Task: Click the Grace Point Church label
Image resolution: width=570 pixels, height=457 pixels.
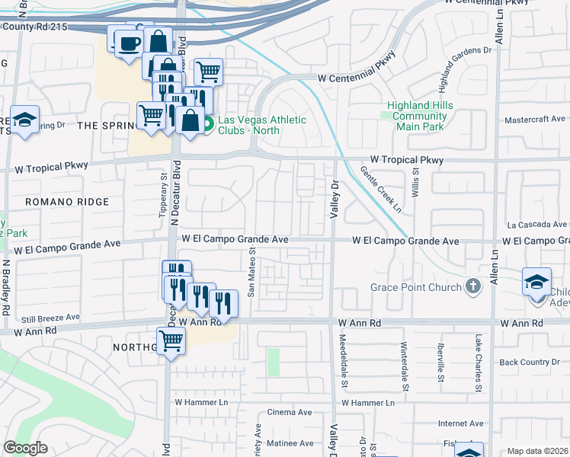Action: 416,287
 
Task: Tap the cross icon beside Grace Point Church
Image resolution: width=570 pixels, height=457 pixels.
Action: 473,287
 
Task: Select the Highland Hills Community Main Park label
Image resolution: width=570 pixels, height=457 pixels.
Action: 420,116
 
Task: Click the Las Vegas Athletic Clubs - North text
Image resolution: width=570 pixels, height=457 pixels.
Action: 262,125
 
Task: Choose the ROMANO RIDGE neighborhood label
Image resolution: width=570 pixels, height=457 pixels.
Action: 67,202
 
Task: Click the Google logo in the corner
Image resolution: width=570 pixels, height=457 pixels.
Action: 25,448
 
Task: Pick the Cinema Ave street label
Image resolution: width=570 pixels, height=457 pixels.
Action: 290,412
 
